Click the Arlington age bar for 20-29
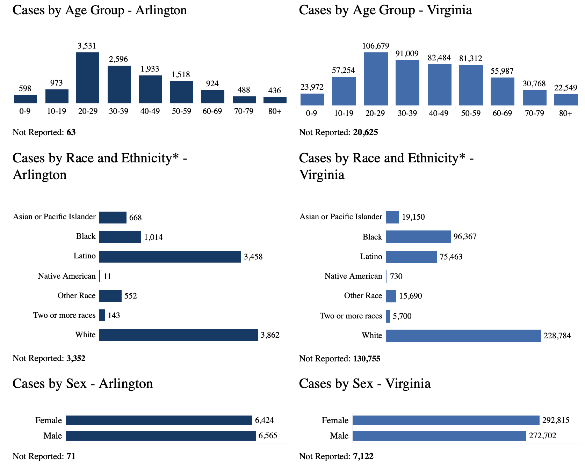[88, 78]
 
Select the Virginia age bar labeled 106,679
[376, 79]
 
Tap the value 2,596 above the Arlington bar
[118, 59]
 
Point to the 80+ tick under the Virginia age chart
[565, 113]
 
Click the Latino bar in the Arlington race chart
[170, 257]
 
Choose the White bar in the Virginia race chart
[463, 336]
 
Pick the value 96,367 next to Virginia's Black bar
[465, 237]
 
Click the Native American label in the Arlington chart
[67, 276]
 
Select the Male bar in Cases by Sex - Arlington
[161, 436]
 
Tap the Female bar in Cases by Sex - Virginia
[446, 420]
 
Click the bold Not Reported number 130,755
[367, 359]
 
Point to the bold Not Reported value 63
[71, 132]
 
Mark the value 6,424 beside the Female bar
[265, 420]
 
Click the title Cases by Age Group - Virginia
[385, 10]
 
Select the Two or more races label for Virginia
[351, 316]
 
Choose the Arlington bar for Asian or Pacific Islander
[113, 218]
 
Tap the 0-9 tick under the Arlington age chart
[25, 111]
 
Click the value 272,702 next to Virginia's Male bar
[542, 436]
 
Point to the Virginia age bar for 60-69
[502, 91]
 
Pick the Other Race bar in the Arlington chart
[110, 296]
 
